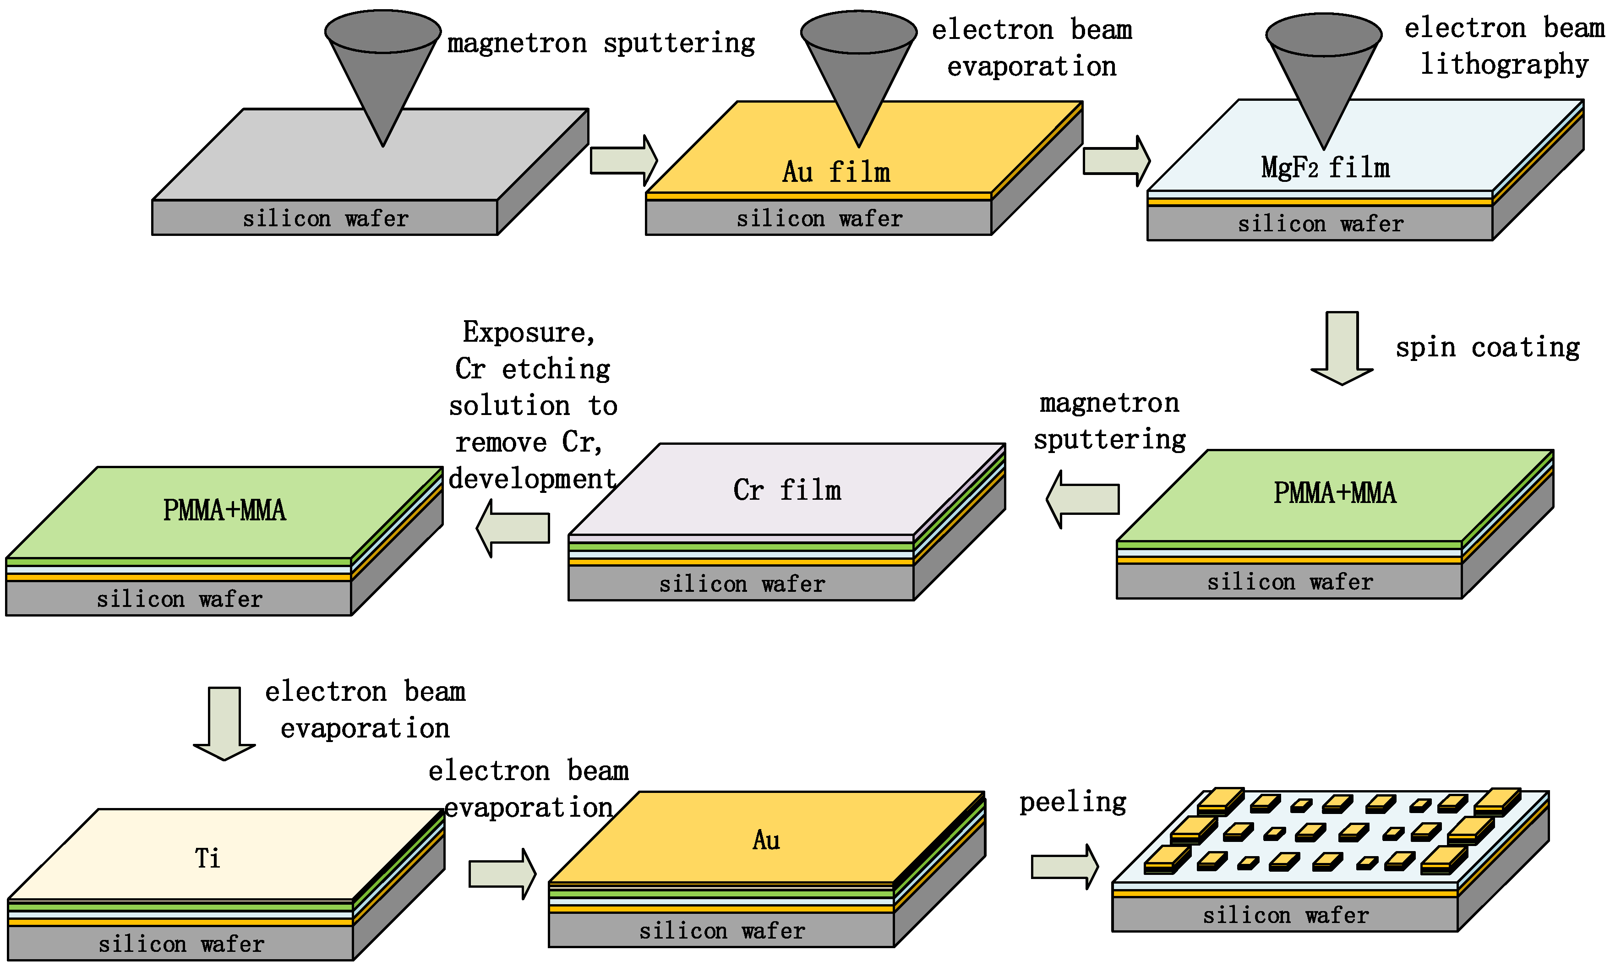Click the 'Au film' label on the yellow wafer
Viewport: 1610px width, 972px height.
pos(836,172)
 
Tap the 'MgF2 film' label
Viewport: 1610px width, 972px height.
pos(1325,168)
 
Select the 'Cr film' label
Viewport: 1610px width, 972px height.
pos(787,490)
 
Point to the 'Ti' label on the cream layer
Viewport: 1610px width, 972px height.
pos(208,857)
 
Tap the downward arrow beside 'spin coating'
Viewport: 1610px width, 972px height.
pos(1342,348)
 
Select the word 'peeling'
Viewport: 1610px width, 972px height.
pos(1073,802)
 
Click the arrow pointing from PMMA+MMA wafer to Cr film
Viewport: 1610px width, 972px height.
pos(1083,499)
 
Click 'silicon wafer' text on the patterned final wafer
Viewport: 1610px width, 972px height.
pos(1285,915)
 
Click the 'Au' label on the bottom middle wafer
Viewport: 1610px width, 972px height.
pos(766,840)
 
